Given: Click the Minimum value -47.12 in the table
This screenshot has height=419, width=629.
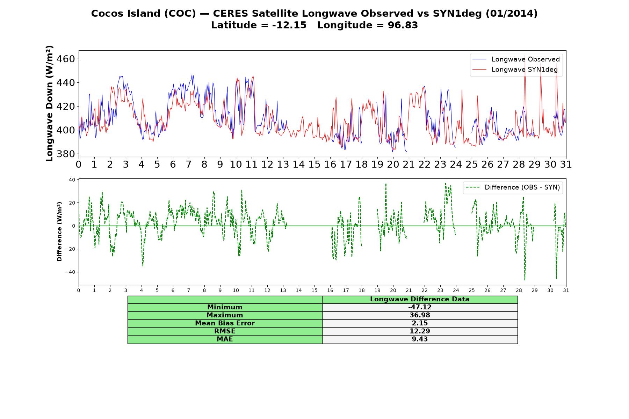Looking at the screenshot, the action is pos(420,307).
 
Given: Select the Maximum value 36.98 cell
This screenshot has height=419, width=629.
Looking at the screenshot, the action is pos(420,315).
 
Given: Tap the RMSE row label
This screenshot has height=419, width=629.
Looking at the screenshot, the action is pos(225,331).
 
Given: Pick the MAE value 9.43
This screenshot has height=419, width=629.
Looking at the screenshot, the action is pos(420,339).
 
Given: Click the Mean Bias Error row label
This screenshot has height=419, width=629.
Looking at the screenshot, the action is pos(225,323).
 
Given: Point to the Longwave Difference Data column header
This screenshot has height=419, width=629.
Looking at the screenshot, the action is pos(420,299).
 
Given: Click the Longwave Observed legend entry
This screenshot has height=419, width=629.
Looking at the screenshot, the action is pos(516,59).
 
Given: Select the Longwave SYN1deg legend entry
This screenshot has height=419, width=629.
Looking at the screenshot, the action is pos(515,69).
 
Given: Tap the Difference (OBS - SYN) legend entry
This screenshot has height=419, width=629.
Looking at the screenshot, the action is pos(513,188).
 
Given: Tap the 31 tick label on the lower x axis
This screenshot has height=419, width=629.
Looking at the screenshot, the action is pos(566,290).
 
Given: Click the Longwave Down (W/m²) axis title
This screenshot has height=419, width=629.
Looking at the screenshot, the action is pos(49,103).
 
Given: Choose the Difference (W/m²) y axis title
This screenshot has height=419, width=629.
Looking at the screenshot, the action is pos(59,231).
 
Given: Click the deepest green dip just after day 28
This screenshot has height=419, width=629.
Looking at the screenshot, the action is pos(525,280).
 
